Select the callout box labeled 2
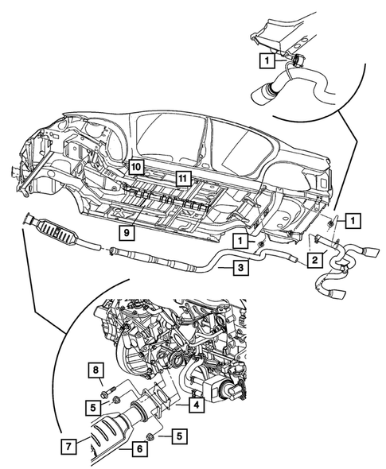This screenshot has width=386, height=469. (316, 259)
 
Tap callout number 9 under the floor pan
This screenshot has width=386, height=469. (126, 233)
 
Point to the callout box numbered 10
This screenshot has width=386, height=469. (136, 167)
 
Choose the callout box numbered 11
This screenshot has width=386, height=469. (184, 177)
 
